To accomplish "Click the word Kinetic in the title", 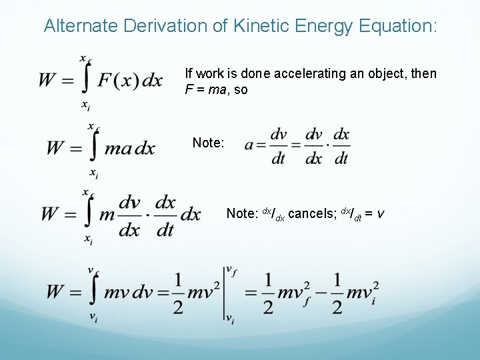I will (x=259, y=26).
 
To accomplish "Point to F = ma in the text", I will (x=206, y=89).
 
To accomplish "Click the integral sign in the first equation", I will (x=87, y=80).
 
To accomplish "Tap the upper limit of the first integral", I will (x=86, y=59).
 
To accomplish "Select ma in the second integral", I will (x=119, y=148).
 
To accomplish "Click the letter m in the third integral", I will (x=107, y=215).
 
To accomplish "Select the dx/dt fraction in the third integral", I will (x=165, y=215).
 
